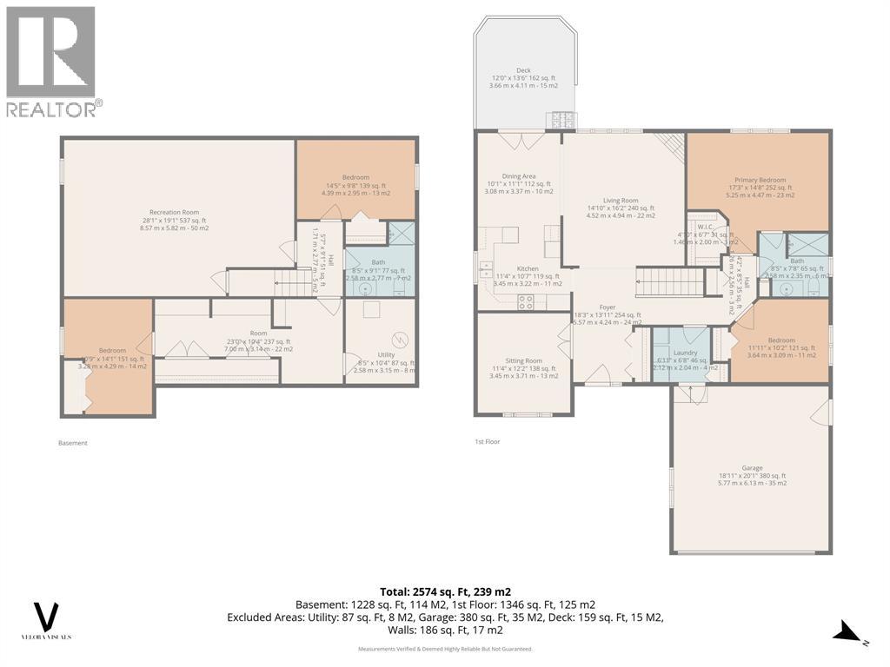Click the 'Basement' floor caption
point(73,443)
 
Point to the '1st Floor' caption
point(487,441)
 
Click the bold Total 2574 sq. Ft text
point(444,591)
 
